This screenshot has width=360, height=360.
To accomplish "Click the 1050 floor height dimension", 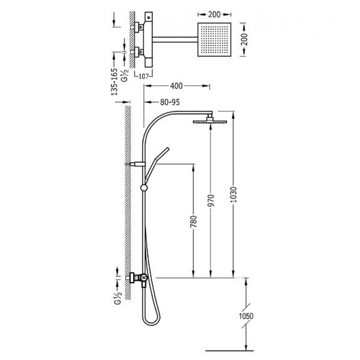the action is point(246,316).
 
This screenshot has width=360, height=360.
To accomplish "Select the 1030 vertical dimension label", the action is point(234,195).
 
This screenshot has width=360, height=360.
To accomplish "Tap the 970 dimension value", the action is point(211,201).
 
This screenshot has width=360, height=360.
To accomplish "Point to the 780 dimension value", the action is point(194,221).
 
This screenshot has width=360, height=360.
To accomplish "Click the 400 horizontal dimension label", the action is point(176,86).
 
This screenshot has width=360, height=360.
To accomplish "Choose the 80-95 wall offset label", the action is point(170,102).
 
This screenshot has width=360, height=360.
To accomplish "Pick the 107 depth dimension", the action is point(144,76).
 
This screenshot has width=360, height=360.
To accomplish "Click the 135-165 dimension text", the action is point(114,82).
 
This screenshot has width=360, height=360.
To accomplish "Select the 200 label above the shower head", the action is point(214,14).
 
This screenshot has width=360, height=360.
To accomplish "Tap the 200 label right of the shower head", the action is point(245,40).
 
